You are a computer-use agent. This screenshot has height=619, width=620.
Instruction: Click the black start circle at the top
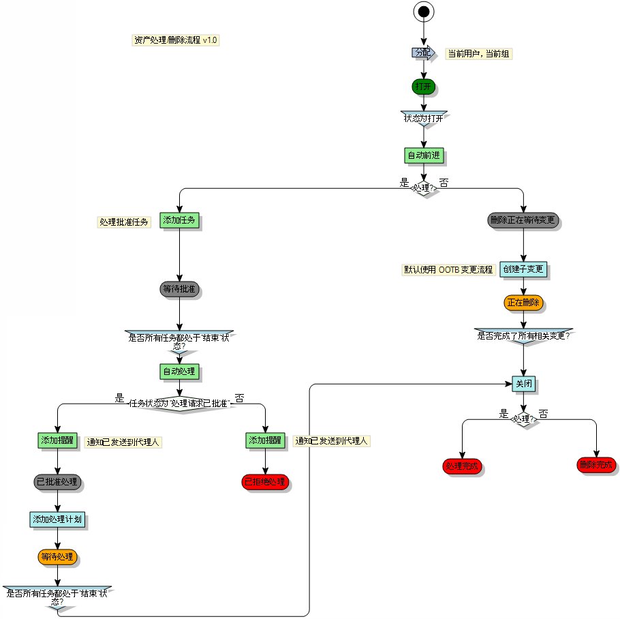point(424,11)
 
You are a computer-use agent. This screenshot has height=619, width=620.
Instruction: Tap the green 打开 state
point(423,87)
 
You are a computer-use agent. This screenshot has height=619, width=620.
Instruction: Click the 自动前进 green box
point(424,155)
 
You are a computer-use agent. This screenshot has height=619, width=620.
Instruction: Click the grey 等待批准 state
point(179,289)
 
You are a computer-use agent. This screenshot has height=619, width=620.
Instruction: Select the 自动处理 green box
point(179,372)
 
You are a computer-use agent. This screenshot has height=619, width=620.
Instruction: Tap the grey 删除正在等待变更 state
point(524,221)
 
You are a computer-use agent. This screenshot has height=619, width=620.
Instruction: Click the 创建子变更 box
point(523,269)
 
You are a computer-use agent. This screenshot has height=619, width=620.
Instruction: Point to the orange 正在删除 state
point(523,303)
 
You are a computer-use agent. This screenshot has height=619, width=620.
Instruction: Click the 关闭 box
point(524,384)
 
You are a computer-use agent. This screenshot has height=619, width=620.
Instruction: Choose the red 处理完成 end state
point(462,467)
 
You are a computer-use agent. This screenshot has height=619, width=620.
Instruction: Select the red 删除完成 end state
point(596,466)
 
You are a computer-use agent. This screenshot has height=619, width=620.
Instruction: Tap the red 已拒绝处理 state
point(265,482)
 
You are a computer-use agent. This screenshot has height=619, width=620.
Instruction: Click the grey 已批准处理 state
point(57,482)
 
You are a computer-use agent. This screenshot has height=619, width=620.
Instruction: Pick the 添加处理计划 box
point(58,519)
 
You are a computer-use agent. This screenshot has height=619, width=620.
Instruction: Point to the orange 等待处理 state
point(57,557)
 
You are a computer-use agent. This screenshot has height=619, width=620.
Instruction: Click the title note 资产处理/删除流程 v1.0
point(176,40)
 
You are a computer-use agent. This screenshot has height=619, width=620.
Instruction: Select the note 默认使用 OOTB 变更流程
point(448,269)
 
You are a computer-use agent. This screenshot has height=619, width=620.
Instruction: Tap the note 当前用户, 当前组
point(478,54)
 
